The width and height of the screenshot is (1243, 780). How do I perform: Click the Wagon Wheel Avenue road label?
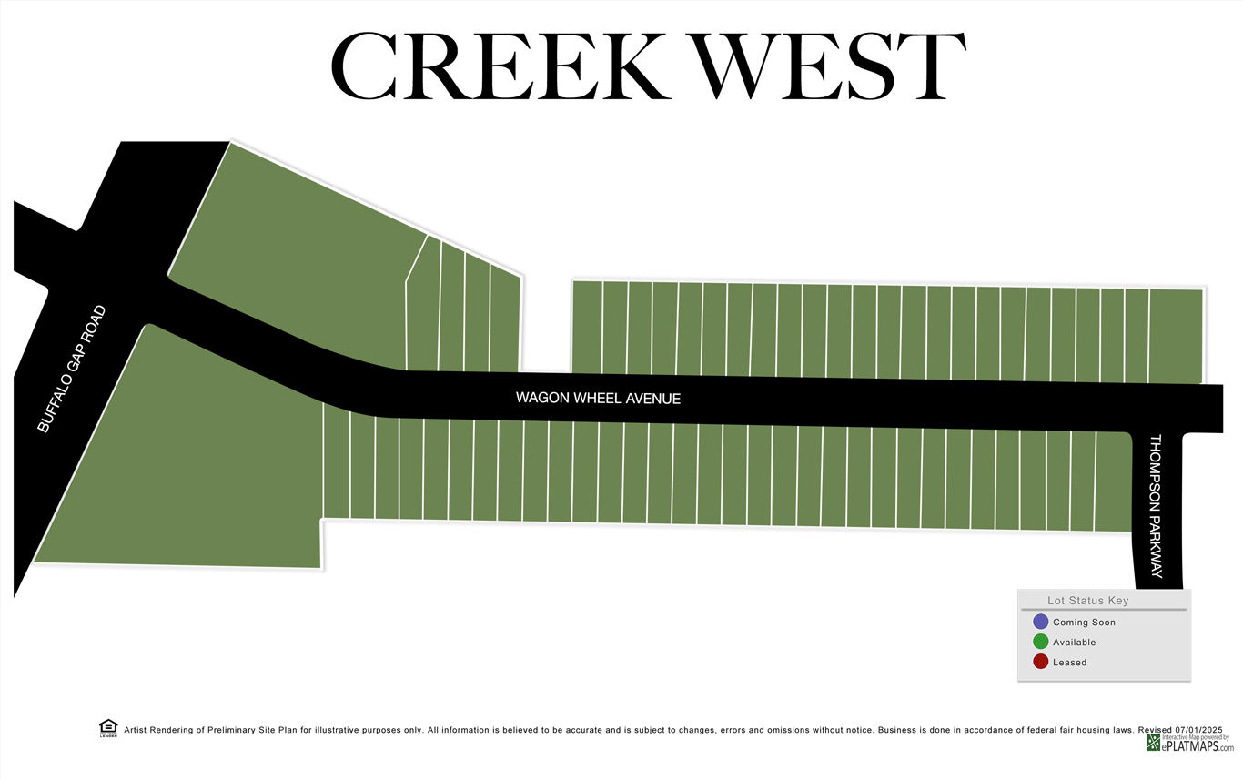tap(598, 399)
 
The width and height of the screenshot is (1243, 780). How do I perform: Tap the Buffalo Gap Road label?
tap(72, 369)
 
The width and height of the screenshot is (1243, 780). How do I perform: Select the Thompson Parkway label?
tap(1156, 506)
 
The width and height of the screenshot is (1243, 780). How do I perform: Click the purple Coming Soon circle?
tap(1040, 622)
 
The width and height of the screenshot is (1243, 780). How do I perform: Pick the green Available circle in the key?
tap(1040, 642)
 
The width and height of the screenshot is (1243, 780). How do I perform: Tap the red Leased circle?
tap(1040, 662)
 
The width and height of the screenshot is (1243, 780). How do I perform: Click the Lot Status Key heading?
tap(1087, 601)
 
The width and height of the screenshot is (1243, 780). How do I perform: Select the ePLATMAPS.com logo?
tap(1190, 745)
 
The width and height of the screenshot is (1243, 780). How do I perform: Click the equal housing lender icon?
tap(108, 728)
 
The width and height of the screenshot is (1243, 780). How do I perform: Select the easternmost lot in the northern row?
tap(1175, 335)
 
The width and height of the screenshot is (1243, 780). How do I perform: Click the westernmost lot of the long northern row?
tap(587, 326)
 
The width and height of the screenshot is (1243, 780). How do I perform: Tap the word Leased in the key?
tap(1069, 663)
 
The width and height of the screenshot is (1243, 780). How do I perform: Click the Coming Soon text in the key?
tap(1084, 623)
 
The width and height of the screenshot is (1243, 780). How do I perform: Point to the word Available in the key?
tap(1074, 643)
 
